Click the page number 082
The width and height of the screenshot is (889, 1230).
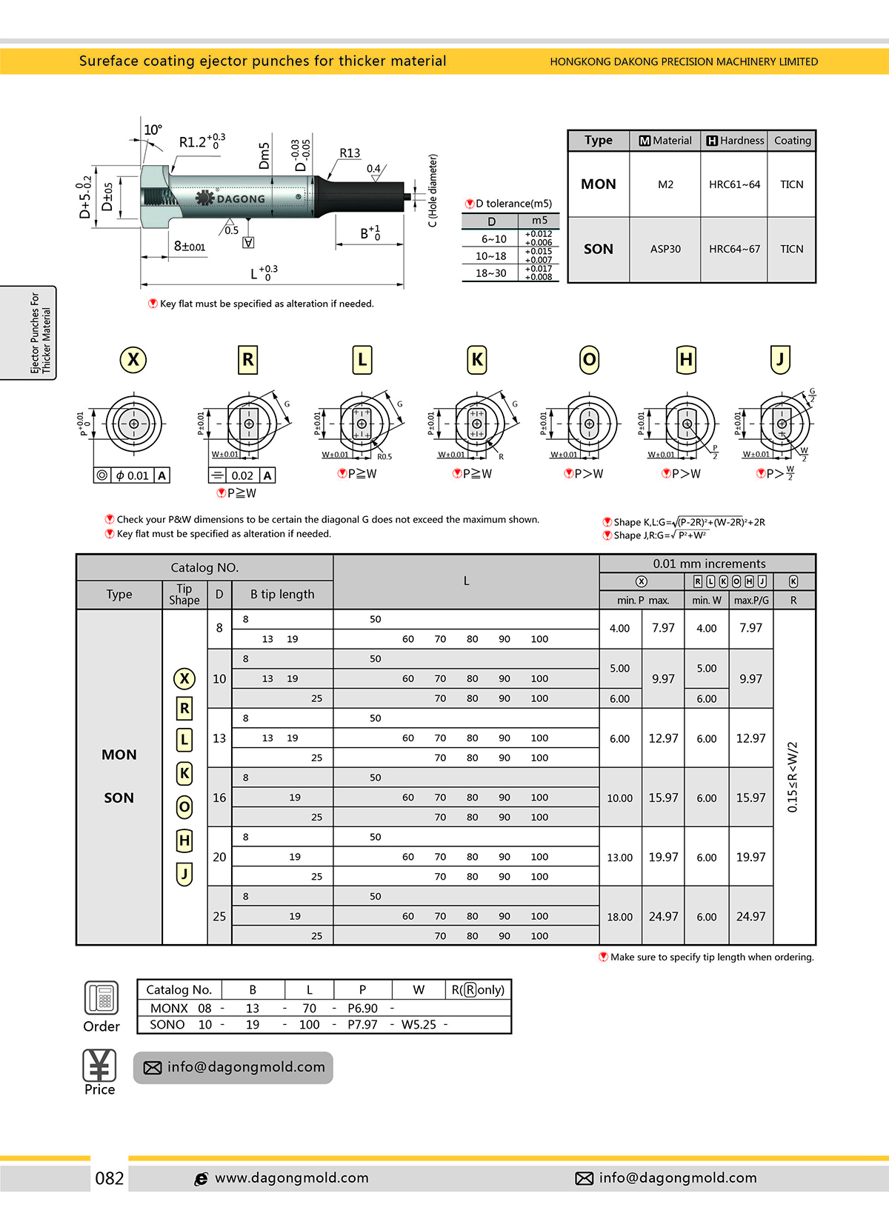(110, 1178)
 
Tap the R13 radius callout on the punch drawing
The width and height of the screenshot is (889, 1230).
(350, 153)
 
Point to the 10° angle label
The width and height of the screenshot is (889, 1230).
(153, 130)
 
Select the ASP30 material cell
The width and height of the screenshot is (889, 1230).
(665, 250)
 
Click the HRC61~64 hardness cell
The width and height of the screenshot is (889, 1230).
(734, 184)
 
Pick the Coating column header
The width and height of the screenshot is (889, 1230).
(792, 141)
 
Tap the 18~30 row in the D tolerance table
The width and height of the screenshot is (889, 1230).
(490, 273)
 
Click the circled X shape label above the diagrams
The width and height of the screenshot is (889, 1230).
(133, 360)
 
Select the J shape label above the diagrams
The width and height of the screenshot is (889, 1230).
(780, 360)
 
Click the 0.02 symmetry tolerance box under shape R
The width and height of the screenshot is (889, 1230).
(242, 475)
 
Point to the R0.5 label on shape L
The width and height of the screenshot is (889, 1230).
(384, 457)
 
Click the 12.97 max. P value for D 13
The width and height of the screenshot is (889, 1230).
(663, 738)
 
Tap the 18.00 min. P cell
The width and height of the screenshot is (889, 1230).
(620, 917)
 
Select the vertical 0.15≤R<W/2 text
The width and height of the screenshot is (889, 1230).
(792, 777)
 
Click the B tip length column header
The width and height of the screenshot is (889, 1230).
(282, 594)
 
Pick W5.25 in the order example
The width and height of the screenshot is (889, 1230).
(419, 1025)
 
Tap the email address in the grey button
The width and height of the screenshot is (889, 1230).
(246, 1067)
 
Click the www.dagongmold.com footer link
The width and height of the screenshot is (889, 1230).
(292, 1178)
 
